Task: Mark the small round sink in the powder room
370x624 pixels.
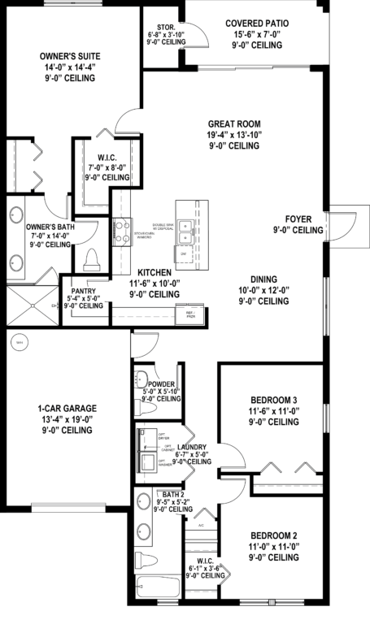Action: click(141, 379)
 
